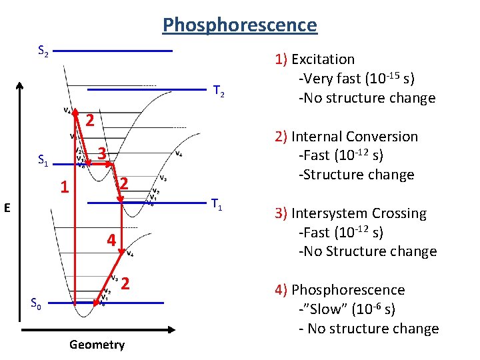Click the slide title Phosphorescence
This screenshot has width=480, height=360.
(x=240, y=25)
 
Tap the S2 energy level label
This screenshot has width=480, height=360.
(x=42, y=51)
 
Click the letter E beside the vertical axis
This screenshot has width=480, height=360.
(x=7, y=208)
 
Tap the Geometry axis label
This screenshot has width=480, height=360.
(x=97, y=345)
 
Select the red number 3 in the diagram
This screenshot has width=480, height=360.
(x=102, y=153)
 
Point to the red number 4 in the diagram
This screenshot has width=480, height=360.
(x=112, y=239)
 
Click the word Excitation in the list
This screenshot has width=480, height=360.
(x=323, y=59)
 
